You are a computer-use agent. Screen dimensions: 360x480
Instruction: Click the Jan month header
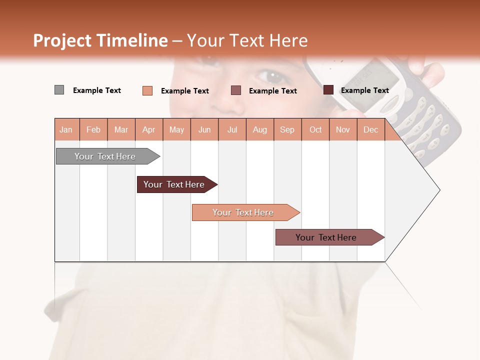coord(66,129)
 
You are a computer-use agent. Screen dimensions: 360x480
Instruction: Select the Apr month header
coord(149,129)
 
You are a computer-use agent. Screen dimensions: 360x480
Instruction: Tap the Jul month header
coord(232,129)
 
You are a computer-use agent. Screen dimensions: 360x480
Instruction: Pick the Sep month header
coord(287,129)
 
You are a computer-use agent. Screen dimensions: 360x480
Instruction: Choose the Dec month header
coord(370,129)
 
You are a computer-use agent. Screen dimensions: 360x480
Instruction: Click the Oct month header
coord(315,129)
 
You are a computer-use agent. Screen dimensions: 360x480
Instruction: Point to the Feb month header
coord(93,129)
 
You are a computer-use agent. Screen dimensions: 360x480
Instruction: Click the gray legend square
coord(59,90)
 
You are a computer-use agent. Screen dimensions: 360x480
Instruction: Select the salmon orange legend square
coord(147,90)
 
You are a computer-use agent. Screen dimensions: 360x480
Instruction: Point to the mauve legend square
coord(236,90)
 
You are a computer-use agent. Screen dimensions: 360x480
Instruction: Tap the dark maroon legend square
coord(328,90)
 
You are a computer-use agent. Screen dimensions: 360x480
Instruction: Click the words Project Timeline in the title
coord(100,40)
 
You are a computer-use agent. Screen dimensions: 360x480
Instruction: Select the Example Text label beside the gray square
coord(97,90)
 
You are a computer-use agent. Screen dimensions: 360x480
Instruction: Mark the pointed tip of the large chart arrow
coord(439,190)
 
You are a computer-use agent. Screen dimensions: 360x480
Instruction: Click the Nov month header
coord(343,129)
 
